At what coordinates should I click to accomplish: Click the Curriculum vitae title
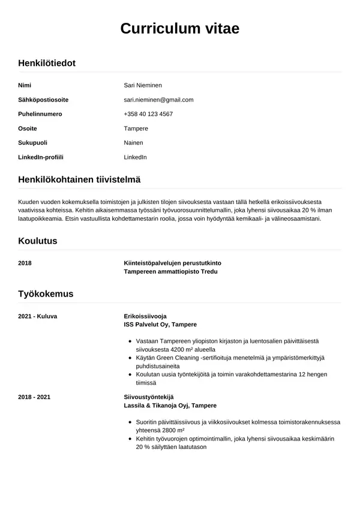pos(180,28)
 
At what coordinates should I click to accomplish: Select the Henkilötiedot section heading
pos(47,62)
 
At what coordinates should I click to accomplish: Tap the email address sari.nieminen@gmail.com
pos(158,100)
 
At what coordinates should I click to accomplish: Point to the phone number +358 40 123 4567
pos(148,114)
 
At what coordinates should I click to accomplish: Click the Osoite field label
pos(28,128)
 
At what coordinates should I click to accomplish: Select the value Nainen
pos(133,143)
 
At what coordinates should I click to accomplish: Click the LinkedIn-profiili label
pos(41,157)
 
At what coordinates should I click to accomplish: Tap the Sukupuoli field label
pos(33,143)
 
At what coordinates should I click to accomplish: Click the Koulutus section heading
pos(38,241)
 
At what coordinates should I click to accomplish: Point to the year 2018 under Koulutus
pos(25,263)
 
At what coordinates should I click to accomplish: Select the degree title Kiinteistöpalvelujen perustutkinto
pos(172,263)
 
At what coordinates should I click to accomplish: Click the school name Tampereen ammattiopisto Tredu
pos(170,271)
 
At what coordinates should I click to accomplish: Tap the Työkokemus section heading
pos(46,294)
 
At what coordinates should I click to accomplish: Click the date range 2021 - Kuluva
pos(38,316)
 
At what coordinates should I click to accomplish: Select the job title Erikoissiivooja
pos(145,316)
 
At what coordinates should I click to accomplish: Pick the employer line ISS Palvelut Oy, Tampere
pos(160,324)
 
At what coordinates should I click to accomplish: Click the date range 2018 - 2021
pos(34,397)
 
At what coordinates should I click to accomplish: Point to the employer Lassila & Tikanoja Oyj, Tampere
pos(170,406)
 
